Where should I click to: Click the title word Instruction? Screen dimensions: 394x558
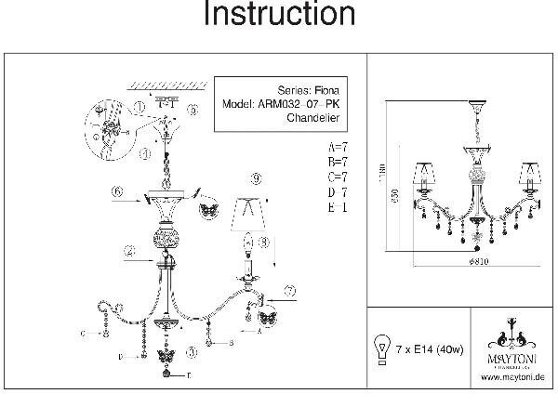(279, 16)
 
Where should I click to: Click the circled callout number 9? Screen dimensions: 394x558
(256, 177)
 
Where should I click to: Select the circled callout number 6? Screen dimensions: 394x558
(117, 191)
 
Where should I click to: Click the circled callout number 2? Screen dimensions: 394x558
(131, 251)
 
